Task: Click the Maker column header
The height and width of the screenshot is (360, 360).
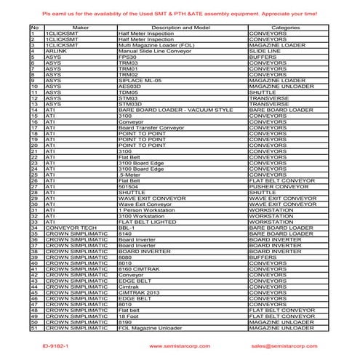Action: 80,27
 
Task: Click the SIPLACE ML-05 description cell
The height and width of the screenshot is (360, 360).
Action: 139,80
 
